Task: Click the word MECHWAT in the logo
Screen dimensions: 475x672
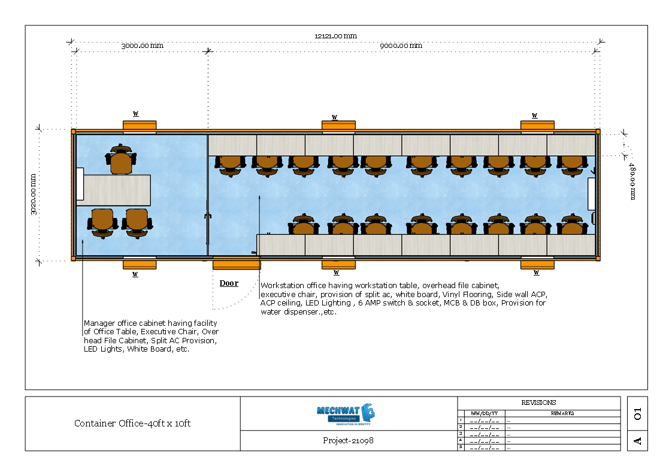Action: (338, 410)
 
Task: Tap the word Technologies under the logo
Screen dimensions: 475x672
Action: (344, 418)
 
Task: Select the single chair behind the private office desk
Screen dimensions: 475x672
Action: (121, 160)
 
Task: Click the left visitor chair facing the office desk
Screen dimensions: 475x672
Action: (102, 222)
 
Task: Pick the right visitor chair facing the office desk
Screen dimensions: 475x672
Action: (137, 222)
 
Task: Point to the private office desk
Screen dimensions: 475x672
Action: (116, 190)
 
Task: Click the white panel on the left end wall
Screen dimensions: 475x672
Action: (80, 184)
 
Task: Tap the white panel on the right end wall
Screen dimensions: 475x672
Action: (591, 193)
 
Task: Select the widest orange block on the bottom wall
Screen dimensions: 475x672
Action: (237, 263)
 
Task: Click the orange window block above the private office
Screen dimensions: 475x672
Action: (140, 126)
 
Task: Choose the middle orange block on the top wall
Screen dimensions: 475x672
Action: (338, 126)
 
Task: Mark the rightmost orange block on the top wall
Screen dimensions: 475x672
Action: (537, 126)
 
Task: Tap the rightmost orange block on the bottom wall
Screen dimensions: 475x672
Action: (537, 264)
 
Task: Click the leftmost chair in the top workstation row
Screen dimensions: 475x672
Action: (230, 165)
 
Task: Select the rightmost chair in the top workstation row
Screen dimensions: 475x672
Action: (572, 165)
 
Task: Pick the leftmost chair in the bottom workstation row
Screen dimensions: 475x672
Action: (304, 225)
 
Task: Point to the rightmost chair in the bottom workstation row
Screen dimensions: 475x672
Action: (572, 225)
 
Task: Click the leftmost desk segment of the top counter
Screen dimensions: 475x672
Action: (232, 145)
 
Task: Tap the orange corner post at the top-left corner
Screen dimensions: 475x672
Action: (74, 132)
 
